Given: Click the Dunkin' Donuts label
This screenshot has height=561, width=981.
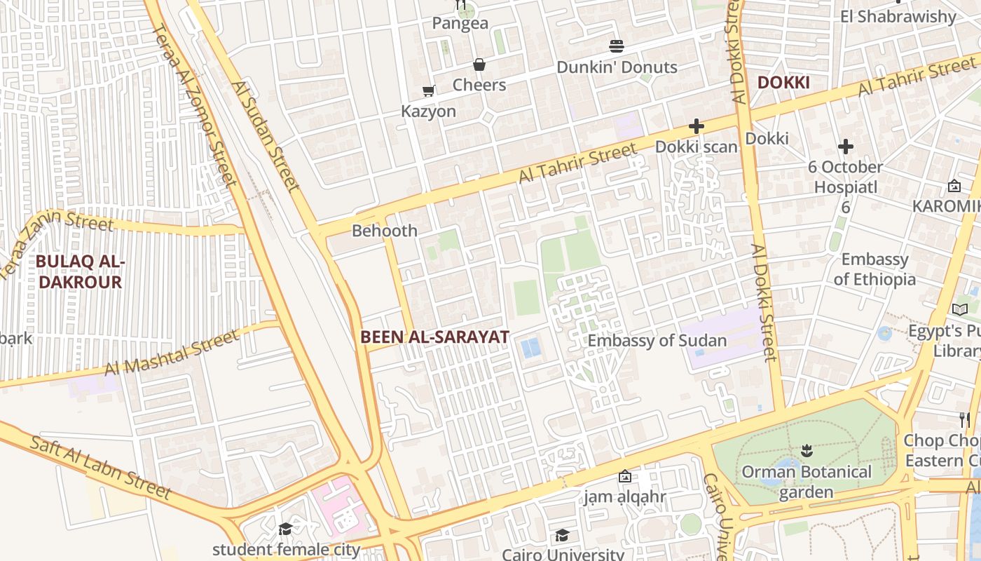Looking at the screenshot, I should (617, 67).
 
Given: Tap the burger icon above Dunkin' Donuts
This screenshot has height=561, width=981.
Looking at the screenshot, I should (617, 46).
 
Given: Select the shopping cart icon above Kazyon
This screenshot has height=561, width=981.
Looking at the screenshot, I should (428, 90).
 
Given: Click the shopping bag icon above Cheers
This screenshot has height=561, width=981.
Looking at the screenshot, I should (479, 65).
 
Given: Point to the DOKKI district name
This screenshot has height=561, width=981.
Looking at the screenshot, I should (783, 83).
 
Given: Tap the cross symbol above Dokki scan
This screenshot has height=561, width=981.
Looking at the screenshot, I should (696, 126).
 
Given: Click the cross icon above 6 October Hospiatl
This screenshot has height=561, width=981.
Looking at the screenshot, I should (846, 147).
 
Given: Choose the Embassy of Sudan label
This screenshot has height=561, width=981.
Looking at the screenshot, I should (657, 341).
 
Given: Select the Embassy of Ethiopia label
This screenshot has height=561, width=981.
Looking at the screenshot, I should (874, 269).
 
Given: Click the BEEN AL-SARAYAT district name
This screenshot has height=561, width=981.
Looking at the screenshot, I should (434, 337).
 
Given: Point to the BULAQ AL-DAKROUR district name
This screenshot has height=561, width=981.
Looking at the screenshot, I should (79, 272).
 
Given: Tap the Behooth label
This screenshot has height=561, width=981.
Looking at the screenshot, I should (385, 231).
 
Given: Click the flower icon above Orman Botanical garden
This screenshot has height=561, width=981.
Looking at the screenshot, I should (807, 450).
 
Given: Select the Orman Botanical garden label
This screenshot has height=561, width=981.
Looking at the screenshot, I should (807, 481).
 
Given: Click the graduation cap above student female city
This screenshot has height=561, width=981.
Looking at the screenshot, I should (285, 529).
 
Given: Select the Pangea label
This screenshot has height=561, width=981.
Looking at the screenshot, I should (460, 23).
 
